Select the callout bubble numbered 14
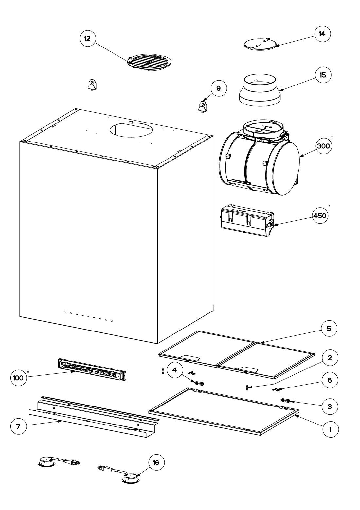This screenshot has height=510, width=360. click(x=322, y=34)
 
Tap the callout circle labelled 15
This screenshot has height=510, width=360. click(x=323, y=75)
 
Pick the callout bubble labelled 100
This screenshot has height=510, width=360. click(x=18, y=378)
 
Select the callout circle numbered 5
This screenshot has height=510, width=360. click(x=328, y=329)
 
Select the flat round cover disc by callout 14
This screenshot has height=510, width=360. click(x=260, y=44)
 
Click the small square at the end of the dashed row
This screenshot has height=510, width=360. click(x=112, y=320)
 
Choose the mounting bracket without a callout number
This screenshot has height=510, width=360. click(x=92, y=85)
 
